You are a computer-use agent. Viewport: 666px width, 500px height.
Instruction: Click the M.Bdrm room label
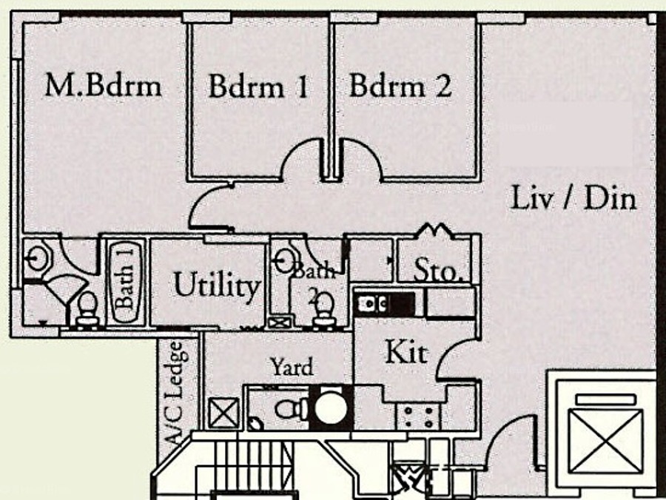coord(103,86)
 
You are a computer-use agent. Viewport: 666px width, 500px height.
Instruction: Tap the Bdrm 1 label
coord(257,87)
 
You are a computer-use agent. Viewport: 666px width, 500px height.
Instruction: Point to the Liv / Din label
coord(573,198)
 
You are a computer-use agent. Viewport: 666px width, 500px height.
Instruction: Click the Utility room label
coord(217,285)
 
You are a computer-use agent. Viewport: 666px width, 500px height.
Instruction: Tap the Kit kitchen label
coord(406,352)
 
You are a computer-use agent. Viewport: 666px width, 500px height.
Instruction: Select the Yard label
coord(291,366)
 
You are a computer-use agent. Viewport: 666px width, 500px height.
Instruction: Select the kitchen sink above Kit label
coord(377,303)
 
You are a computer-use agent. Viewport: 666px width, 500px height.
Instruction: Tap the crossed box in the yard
coord(224,412)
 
